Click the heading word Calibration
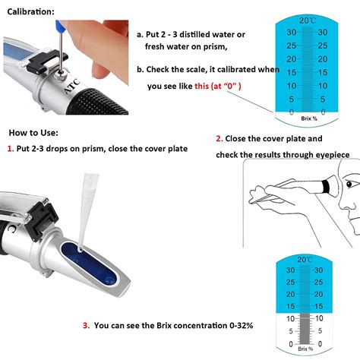30,13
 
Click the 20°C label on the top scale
307,20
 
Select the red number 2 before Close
219,139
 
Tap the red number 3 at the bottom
85,326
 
